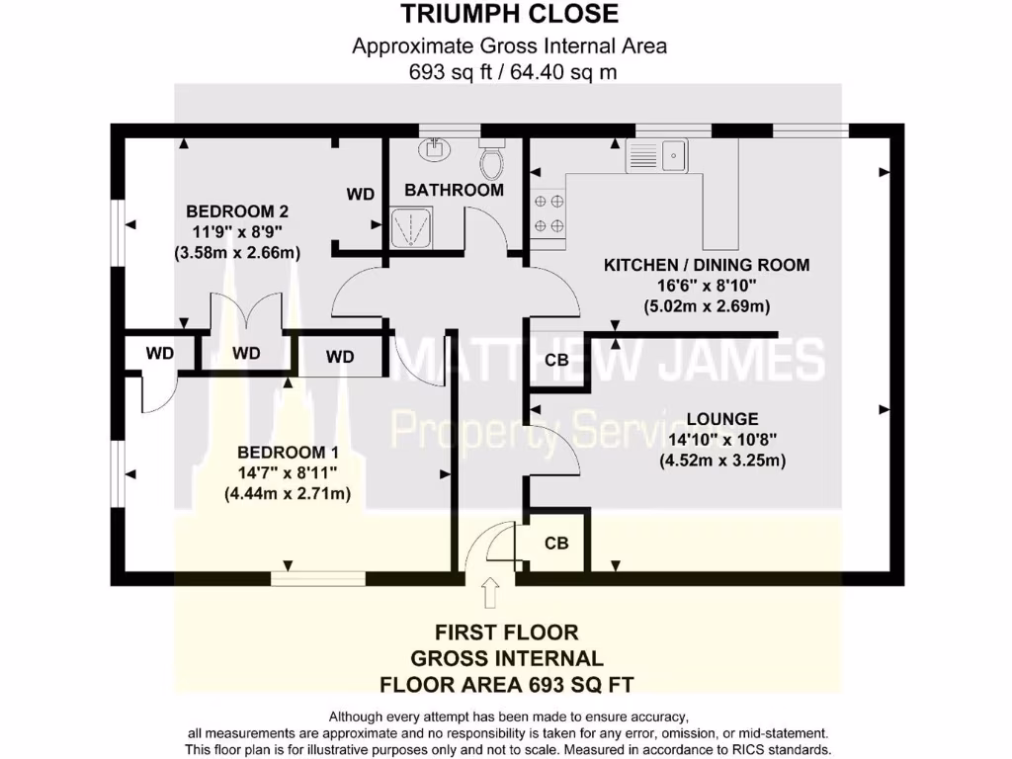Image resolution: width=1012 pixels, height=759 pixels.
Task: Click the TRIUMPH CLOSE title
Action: click(x=510, y=14)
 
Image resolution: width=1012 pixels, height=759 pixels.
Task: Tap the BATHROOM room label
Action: click(x=454, y=190)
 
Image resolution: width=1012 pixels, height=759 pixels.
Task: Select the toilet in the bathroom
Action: click(x=491, y=158)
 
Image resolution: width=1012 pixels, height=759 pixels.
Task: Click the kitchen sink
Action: click(x=656, y=155)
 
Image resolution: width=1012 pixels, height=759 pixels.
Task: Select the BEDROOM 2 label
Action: click(x=237, y=211)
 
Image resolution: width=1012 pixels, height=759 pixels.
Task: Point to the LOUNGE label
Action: click(x=722, y=419)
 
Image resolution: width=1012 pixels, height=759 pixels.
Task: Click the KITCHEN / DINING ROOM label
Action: click(x=707, y=265)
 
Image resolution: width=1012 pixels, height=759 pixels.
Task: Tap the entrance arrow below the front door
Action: click(x=489, y=594)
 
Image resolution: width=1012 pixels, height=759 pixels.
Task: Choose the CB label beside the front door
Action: click(x=556, y=543)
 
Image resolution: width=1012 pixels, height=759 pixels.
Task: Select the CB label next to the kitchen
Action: click(x=556, y=361)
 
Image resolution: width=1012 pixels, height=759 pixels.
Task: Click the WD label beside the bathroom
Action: click(x=361, y=195)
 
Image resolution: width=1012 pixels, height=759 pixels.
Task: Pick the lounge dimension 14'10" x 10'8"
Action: click(x=722, y=440)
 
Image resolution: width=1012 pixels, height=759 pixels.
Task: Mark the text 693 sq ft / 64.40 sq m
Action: click(x=510, y=72)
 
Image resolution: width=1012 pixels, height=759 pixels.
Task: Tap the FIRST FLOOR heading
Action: click(x=508, y=632)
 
